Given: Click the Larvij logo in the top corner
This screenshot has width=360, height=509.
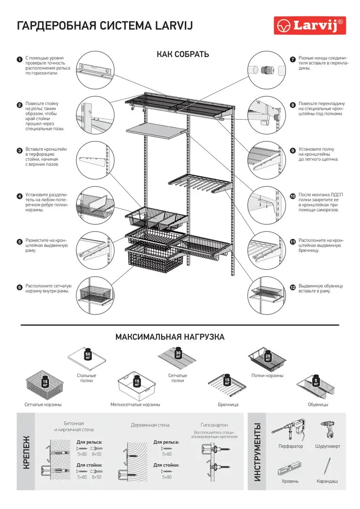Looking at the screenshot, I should (310, 25).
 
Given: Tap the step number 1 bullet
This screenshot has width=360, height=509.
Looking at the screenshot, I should (19, 59).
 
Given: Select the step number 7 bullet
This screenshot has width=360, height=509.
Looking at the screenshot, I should (293, 59).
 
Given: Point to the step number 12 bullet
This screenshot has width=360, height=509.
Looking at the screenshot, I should (293, 287).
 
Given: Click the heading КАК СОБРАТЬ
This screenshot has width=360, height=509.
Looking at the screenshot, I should (183, 54).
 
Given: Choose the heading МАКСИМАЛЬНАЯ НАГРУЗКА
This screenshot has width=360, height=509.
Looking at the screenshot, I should (170, 337).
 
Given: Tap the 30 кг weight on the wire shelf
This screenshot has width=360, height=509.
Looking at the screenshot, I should (179, 353).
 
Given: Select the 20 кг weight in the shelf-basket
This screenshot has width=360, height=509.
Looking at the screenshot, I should (268, 357).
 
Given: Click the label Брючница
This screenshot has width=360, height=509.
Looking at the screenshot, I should (228, 404).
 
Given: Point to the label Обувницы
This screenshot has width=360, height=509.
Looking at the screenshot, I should (318, 404).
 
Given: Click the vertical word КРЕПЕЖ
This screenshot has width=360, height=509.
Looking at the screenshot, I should (27, 452).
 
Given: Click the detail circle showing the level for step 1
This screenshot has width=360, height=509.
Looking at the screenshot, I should (95, 70).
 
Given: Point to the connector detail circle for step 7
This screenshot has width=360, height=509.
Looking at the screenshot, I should (267, 70).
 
